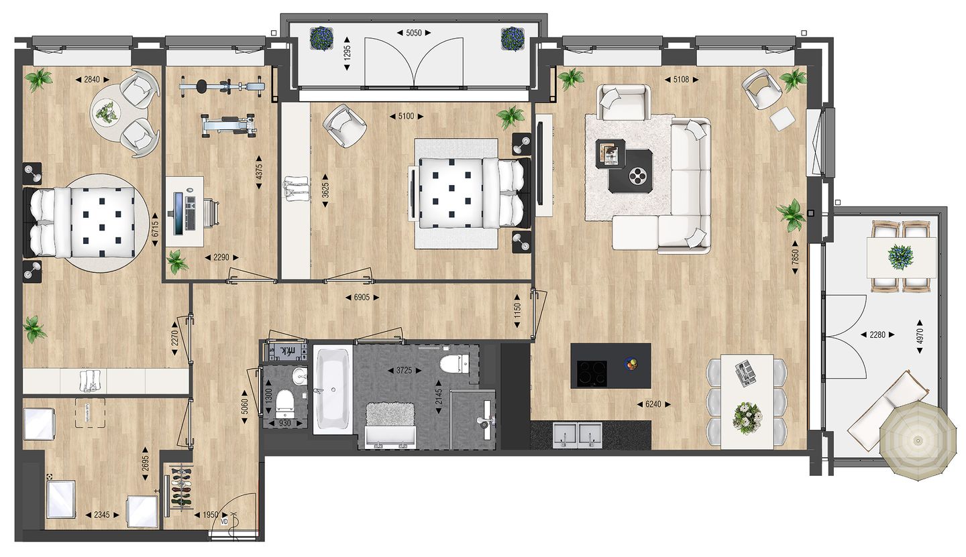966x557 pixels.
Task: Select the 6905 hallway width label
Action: click(x=362, y=297)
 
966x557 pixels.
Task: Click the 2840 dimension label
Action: click(x=92, y=80)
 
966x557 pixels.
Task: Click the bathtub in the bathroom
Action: click(x=332, y=389)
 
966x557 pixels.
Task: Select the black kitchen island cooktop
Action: click(x=592, y=373)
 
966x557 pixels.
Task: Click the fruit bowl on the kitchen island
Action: click(x=631, y=364)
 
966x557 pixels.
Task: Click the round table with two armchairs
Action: click(x=107, y=113)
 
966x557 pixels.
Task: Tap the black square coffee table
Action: click(x=631, y=171)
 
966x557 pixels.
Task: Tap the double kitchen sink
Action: click(x=578, y=435)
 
